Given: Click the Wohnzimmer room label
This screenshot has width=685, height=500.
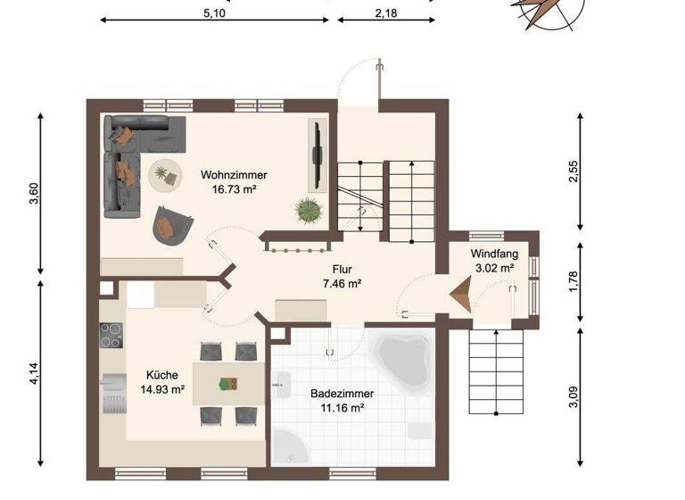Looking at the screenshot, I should (x=234, y=175).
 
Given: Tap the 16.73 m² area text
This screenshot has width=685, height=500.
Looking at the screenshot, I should (x=234, y=189).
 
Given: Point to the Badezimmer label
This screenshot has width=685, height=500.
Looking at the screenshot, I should (x=342, y=394).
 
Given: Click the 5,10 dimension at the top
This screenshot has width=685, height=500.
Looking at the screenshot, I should (x=214, y=13).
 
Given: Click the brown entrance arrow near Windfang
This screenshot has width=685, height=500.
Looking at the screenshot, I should (x=463, y=295).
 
